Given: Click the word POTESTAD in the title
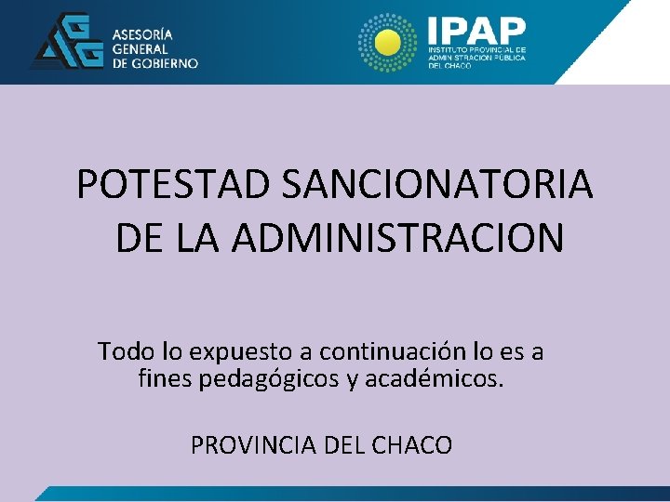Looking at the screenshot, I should (173, 185).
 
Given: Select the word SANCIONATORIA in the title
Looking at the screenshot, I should (436, 185).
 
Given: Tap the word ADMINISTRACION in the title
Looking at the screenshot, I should (397, 238).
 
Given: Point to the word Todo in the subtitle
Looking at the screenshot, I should (123, 352).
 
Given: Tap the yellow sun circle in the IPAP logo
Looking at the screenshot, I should (385, 41).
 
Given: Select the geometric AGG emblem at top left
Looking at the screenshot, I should (67, 42).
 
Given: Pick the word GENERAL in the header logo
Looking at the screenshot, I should (141, 48).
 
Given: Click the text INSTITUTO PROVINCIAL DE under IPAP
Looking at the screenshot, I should (476, 49).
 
